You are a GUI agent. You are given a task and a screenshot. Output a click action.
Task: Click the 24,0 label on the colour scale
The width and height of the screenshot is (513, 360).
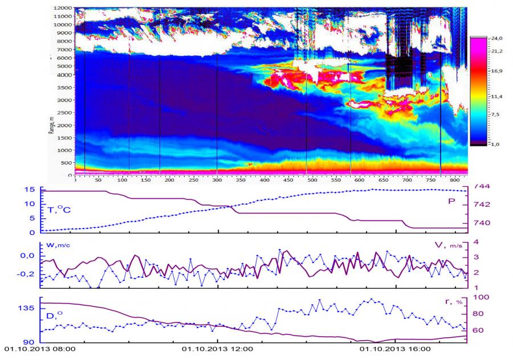[494, 38]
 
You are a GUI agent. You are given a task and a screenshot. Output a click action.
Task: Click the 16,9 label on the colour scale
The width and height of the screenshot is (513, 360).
[494, 72]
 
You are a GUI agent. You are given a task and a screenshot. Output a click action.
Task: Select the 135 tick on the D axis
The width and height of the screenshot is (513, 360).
[28, 308]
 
